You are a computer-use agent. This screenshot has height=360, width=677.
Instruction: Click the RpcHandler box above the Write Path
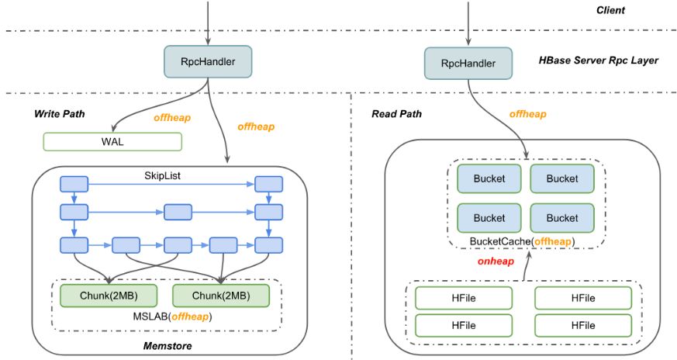tap(207, 61)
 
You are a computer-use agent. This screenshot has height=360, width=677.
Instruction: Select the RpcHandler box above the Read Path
tap(468, 63)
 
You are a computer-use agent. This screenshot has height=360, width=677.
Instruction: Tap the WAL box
tap(112, 141)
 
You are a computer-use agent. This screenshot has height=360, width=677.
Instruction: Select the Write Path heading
tap(60, 114)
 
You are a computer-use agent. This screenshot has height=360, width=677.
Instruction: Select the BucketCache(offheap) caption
tap(524, 241)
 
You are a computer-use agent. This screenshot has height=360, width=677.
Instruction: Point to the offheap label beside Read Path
tap(527, 114)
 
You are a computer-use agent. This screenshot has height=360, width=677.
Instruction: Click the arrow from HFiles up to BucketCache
tap(525, 266)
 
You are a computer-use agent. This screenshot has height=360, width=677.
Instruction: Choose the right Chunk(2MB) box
tap(220, 296)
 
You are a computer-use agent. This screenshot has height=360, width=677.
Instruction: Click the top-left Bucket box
tap(489, 178)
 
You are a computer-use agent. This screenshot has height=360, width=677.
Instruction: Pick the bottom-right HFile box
tap(583, 324)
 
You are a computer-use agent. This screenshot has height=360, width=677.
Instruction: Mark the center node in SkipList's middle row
tap(178, 212)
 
